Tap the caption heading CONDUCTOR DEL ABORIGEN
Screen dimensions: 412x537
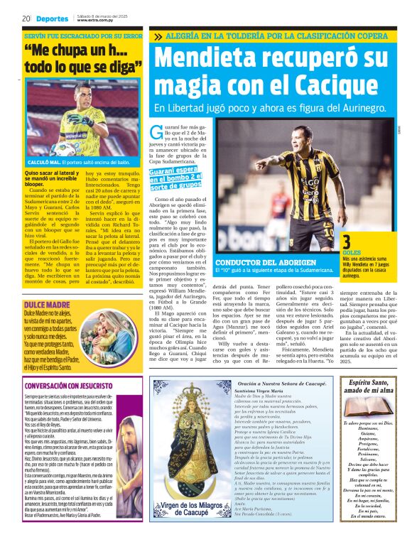pos(259,263)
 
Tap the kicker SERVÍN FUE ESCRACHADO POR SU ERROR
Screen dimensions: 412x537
pos(82,35)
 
